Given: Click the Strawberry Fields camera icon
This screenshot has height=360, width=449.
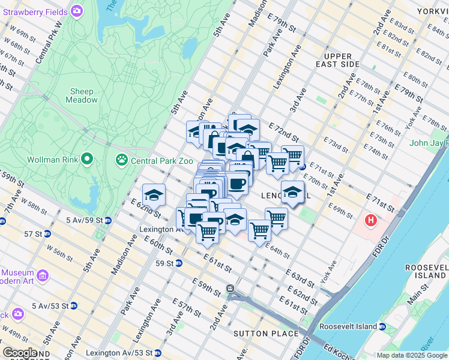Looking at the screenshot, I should point(77,11).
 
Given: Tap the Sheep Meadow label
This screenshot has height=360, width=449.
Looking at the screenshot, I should point(82,95).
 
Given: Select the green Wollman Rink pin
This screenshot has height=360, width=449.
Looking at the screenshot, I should point(88,160).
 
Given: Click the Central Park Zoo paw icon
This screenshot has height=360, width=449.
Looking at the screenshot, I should point(122,160).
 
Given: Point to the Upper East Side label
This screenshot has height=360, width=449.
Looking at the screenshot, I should point(338,59).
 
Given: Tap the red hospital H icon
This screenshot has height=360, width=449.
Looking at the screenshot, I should point(371,221).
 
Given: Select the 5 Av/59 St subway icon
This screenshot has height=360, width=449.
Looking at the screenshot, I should point(107,220).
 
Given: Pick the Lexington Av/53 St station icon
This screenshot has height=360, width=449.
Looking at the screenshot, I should point(157,353).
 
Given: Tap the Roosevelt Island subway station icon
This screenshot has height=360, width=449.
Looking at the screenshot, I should point(382,326).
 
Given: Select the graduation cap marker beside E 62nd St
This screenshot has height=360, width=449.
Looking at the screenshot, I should point(154,194).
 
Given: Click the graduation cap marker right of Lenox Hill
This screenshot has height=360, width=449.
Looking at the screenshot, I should point(292,192).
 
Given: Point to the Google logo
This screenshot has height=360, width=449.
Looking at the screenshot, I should point(20,353).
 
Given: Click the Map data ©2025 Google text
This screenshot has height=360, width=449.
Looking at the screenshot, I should point(412,355).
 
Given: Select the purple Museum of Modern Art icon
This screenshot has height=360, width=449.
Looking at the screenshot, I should point(43,275).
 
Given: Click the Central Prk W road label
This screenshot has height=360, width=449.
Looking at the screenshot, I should point(49,44).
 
